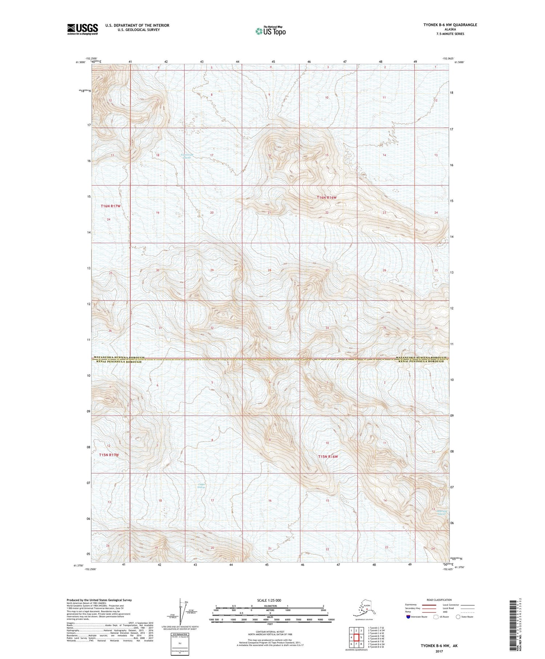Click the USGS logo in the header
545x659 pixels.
82,29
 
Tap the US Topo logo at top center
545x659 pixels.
270,31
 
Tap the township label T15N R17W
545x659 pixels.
109,455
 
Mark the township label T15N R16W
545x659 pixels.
328,456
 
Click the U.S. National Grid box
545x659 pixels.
181,643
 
